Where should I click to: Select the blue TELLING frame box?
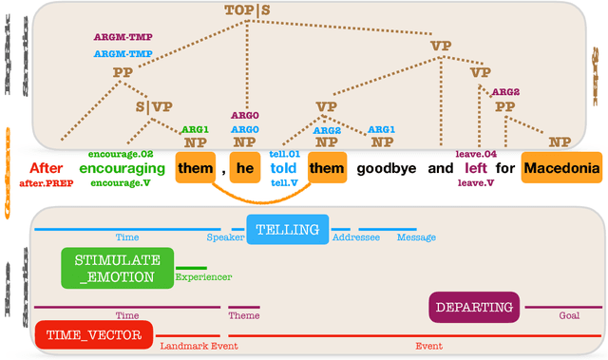tap(288, 230)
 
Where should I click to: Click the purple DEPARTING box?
tap(474, 307)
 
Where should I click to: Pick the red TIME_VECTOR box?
tap(93, 334)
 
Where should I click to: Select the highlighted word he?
tap(245, 169)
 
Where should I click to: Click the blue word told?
tap(283, 169)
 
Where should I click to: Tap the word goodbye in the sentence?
tap(387, 169)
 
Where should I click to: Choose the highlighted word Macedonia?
tap(562, 169)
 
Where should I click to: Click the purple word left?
tap(476, 169)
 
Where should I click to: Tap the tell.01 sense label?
tap(284, 153)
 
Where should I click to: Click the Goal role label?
tap(568, 314)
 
